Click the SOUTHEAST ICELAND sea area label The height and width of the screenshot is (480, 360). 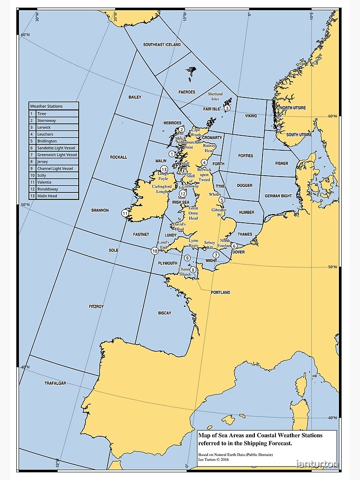162,45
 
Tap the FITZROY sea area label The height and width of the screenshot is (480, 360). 96,306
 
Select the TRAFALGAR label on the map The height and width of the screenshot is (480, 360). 55,384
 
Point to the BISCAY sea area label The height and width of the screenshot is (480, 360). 165,313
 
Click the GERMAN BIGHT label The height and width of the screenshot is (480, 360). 278,196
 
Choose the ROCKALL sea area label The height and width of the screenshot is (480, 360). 119,157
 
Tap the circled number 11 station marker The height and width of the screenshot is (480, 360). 125,214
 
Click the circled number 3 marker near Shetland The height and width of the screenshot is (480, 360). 227,108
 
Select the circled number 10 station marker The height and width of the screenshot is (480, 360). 155,251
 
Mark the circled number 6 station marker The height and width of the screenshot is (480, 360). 234,246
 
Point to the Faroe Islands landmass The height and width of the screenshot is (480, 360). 192,72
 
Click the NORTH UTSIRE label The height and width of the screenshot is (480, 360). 293,108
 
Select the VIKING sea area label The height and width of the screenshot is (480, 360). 251,116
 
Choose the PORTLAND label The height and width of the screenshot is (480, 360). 220,292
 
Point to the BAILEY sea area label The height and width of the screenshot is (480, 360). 135,97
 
